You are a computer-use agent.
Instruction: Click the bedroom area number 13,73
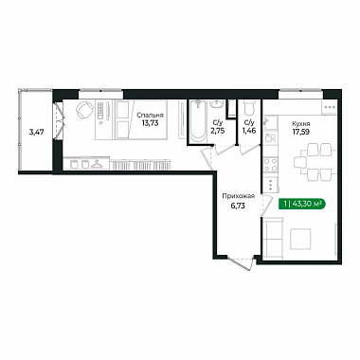coord(151,123)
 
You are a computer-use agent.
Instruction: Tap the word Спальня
coord(151,116)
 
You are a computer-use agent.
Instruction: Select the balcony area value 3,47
coord(36,132)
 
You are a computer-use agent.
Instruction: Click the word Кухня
coord(301,124)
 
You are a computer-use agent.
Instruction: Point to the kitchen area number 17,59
coord(301,132)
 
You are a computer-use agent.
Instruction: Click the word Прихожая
coord(238,196)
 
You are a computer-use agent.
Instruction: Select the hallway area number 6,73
coord(238,206)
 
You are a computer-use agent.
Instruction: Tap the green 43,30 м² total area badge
coord(302,204)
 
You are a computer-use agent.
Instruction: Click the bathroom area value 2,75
coord(218,131)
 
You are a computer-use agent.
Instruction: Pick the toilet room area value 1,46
coord(249,130)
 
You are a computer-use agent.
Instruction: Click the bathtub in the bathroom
coord(198,121)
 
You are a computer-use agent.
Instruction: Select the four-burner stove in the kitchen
coord(271,165)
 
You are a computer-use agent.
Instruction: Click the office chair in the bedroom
coord(84,109)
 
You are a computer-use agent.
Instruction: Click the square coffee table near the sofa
coord(300,239)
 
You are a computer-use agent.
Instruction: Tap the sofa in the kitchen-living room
coord(273,239)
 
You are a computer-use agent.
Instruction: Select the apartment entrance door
coord(242,263)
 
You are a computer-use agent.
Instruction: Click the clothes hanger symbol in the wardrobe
coord(96,164)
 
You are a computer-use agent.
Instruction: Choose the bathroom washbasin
coord(217,103)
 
